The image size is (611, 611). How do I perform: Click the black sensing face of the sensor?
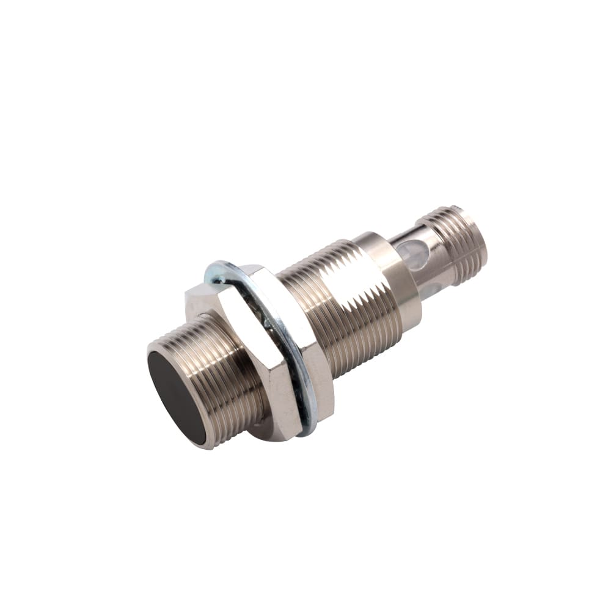(x=177, y=398)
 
